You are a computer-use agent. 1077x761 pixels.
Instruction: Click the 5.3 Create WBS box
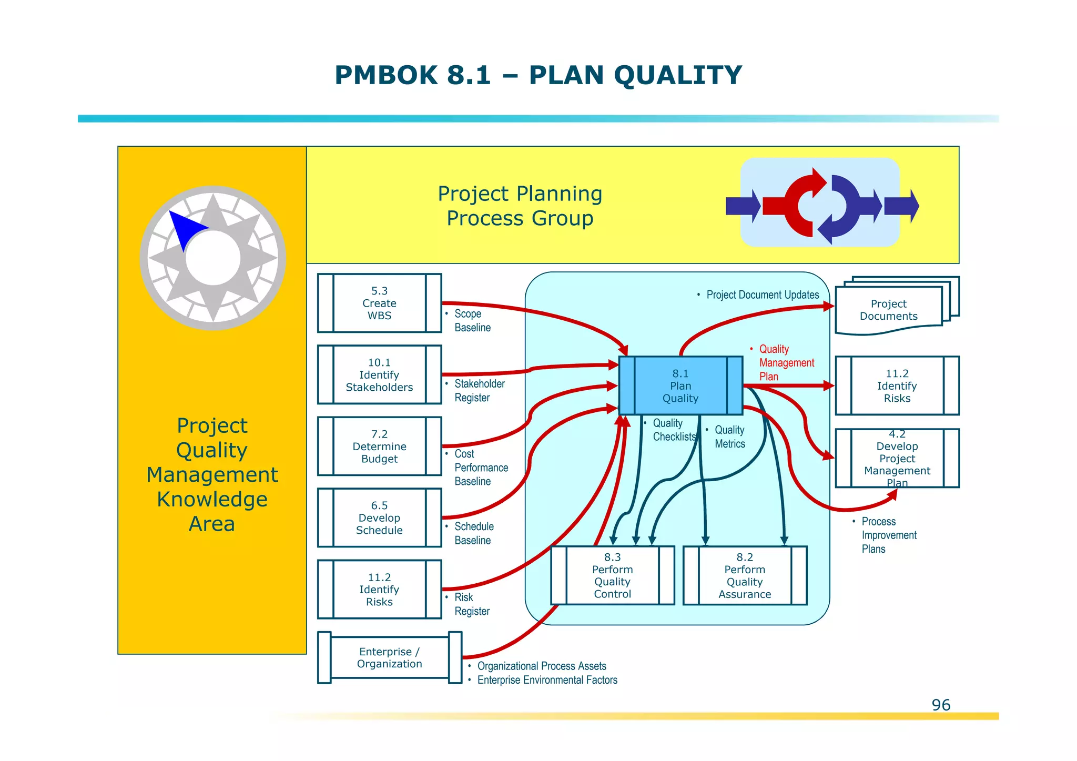379,303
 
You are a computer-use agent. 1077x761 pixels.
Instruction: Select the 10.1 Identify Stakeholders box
379,374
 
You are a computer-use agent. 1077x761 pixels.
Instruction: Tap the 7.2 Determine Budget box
379,446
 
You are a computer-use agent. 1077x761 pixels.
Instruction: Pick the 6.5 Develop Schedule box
379,518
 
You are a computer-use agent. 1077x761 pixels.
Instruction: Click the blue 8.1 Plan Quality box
680,385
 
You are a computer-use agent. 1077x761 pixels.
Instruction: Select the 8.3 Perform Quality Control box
613,575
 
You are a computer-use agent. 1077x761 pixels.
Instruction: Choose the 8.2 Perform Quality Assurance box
745,575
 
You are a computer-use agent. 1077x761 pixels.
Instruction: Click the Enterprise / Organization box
389,657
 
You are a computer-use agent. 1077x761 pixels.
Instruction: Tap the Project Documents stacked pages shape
889,310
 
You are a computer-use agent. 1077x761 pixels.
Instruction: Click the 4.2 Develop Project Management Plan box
897,458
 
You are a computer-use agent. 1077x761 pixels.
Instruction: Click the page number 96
941,705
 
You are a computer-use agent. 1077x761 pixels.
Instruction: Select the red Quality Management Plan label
786,362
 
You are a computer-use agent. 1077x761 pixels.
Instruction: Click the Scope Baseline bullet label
472,320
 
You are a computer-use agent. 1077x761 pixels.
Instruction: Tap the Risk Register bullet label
471,604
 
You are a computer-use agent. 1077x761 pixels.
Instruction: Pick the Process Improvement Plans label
888,535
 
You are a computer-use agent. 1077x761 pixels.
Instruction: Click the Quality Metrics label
729,437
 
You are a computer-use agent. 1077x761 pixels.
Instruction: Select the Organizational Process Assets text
541,666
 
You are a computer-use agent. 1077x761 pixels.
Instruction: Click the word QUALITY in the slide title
677,75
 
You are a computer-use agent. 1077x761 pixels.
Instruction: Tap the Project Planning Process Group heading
520,206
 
